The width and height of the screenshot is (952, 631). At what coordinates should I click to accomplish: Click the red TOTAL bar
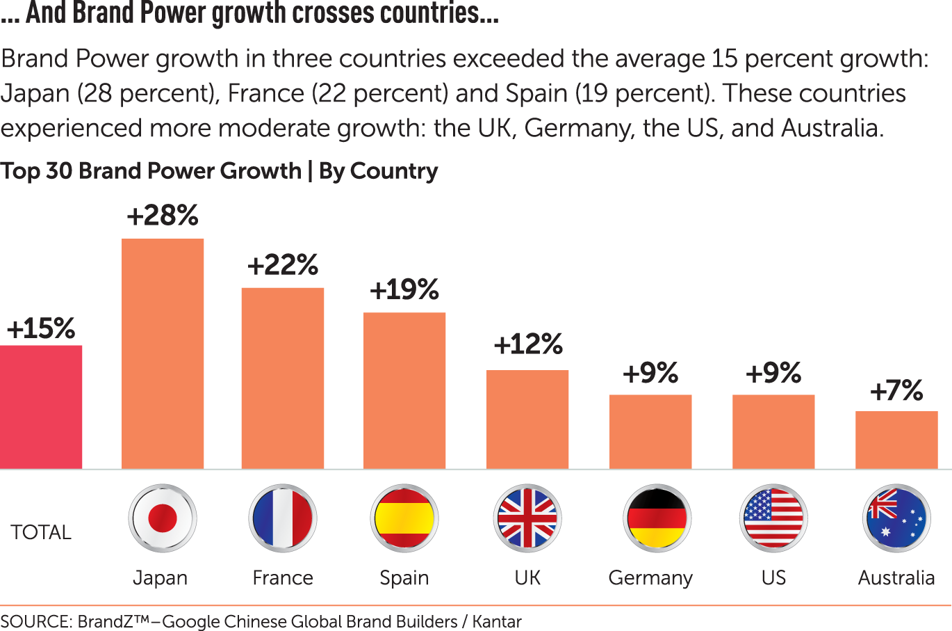41,407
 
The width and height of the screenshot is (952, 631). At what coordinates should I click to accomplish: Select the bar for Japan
163,353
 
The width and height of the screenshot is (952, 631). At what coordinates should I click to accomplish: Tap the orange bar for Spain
404,390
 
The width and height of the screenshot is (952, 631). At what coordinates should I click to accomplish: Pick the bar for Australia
896,440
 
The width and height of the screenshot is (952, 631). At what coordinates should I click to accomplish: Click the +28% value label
163,216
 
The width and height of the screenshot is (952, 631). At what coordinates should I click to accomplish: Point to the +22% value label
283,265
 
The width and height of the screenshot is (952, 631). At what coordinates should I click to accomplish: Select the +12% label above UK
528,344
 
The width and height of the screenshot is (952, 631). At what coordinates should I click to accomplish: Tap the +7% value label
896,390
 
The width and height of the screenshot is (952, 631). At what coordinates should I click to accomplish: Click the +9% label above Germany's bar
650,374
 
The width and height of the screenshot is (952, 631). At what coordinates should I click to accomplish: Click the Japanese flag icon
163,518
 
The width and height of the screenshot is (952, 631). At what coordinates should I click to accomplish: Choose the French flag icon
283,518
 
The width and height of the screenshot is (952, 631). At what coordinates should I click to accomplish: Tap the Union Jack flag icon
528,518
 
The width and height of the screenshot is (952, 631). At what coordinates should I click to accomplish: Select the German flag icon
657,518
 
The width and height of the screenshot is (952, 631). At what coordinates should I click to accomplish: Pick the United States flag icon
773,518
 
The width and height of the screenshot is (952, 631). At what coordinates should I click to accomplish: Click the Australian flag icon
896,518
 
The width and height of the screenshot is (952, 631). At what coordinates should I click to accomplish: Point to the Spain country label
404,578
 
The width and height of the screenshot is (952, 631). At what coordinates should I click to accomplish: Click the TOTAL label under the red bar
41,532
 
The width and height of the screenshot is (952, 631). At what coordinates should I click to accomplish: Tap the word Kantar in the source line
497,621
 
